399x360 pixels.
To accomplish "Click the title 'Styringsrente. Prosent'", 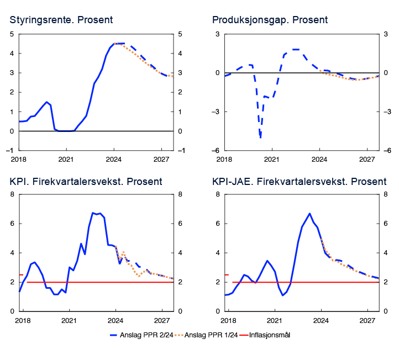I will coord(61,20).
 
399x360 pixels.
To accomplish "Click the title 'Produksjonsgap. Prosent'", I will coord(270,20).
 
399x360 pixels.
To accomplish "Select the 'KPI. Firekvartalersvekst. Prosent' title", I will coord(86,182).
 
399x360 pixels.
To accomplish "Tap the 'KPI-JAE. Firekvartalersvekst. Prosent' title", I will coord(299,182).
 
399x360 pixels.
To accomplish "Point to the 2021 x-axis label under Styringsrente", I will coord(66,158).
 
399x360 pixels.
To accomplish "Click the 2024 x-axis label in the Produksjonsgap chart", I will coord(319,158).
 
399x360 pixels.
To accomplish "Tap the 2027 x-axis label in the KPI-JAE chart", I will coord(368,320).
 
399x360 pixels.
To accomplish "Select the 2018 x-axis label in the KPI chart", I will coord(23,320).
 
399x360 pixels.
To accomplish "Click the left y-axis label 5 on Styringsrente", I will coord(13,34).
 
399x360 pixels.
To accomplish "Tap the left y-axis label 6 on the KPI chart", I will coord(13,224).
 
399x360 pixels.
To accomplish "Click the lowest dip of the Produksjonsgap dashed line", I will coord(260,137).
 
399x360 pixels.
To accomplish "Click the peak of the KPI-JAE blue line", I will coord(309,214).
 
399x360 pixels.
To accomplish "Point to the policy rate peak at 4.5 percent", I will coord(118,44).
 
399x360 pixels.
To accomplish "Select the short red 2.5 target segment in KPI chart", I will coord(21,274).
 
